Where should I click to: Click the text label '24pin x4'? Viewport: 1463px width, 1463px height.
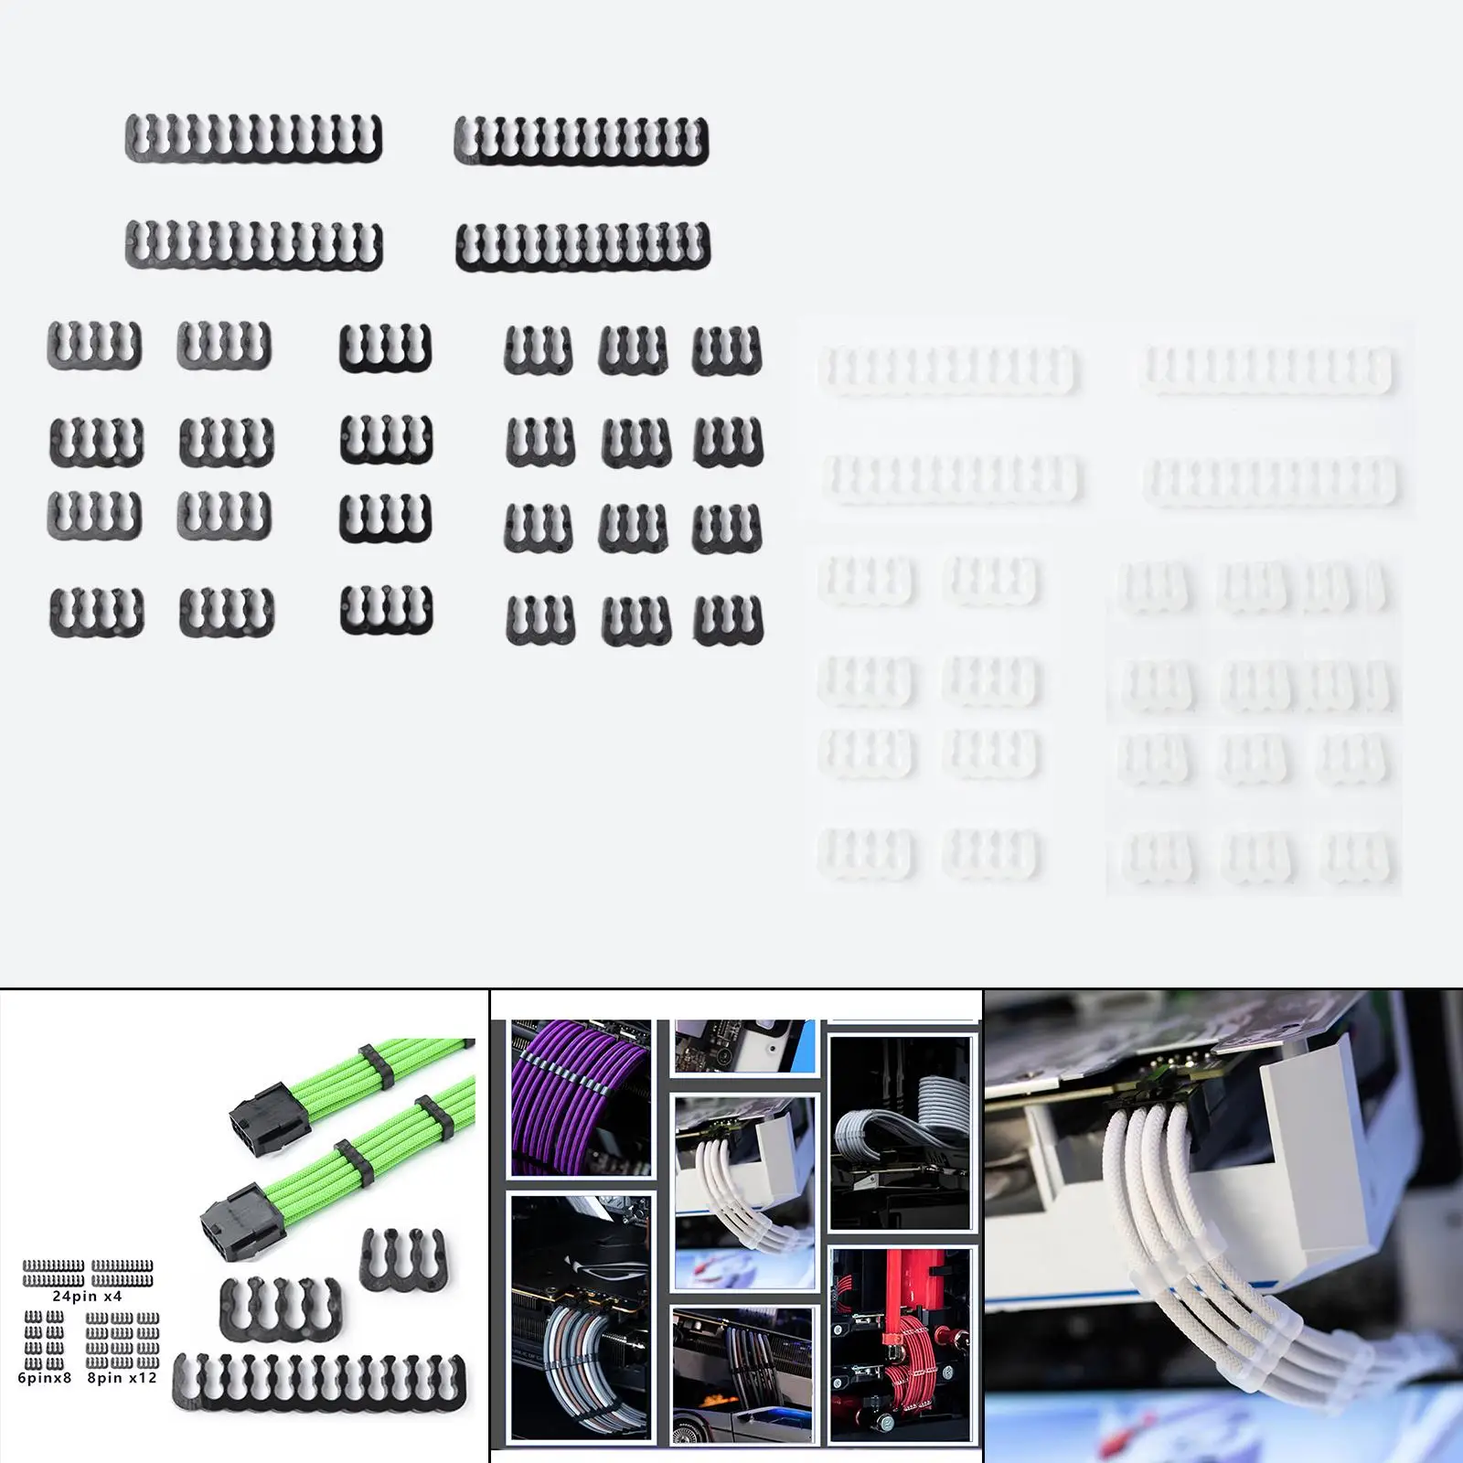87,1296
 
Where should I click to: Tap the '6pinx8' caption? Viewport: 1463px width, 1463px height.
44,1377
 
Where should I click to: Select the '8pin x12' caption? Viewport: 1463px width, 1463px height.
122,1377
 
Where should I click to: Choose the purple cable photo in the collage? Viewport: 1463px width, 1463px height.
580,1097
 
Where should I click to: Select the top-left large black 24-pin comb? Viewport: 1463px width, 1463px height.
253,139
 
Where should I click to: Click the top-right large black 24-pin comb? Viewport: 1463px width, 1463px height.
582,141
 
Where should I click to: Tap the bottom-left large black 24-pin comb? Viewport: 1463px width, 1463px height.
253,245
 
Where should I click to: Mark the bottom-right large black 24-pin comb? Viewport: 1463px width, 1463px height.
582,247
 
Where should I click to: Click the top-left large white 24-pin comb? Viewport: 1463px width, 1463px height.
949,369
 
